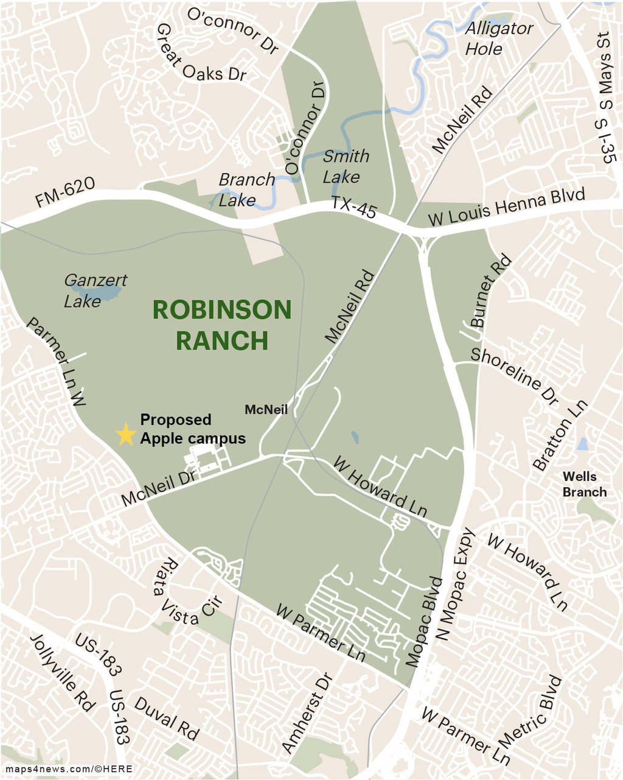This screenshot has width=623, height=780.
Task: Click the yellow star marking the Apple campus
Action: coord(125,434)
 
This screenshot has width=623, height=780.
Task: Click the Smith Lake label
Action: coord(345,166)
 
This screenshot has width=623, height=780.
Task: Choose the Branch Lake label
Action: coord(246,189)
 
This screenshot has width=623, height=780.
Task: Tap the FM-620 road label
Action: coord(64,194)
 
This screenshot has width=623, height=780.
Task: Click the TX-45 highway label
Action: coord(354,208)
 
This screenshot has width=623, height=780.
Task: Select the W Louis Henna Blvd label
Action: coord(507,208)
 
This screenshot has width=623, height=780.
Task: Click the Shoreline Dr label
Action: coord(515,376)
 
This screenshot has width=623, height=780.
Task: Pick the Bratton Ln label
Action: coord(560,435)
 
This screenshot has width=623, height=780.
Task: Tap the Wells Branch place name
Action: coord(584,484)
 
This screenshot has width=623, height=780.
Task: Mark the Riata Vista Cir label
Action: coord(189,591)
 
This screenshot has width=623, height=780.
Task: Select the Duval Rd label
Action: coord(166,719)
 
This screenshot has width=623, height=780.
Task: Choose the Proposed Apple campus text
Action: coord(193,429)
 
